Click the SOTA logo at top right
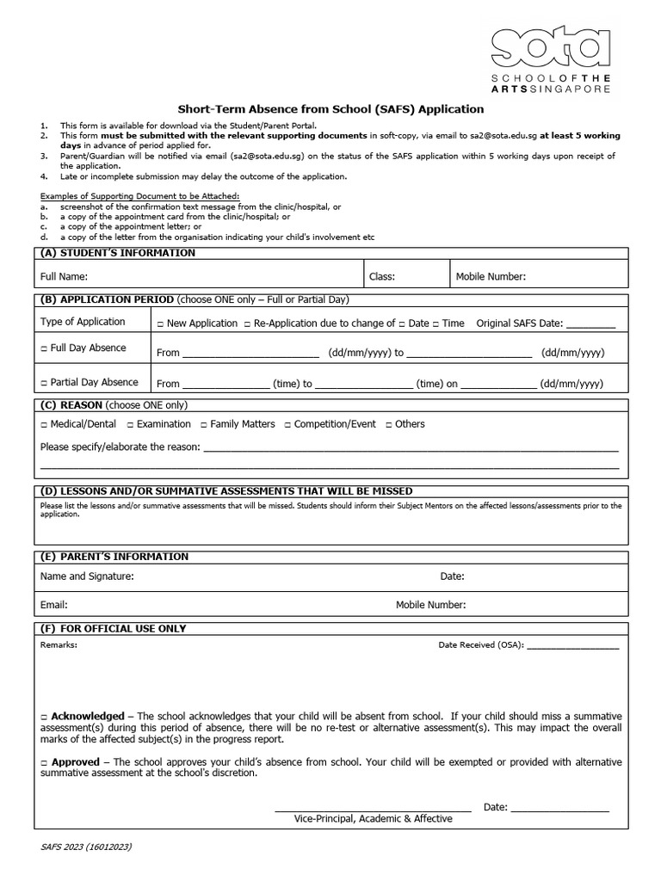tap(551, 58)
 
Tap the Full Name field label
tap(65, 277)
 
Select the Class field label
tap(382, 277)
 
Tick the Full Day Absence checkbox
tap(44, 348)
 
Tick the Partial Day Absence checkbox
tap(44, 383)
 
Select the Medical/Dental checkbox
tap(44, 424)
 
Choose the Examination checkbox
tap(130, 424)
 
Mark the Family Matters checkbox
tap(203, 424)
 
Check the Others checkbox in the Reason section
tap(388, 424)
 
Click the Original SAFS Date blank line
tap(591, 325)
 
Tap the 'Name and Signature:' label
tap(87, 576)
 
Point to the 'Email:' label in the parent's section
tap(54, 605)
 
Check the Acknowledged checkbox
tap(44, 717)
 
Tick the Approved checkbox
tap(44, 762)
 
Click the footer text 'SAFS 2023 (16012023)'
tap(86, 847)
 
